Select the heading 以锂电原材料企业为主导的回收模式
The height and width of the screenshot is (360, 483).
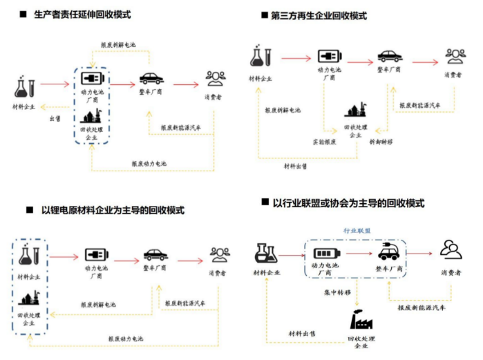[x=114, y=209]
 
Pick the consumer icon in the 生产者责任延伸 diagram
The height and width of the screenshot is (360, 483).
[x=217, y=78]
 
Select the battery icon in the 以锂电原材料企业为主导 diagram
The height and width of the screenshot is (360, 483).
[x=95, y=254]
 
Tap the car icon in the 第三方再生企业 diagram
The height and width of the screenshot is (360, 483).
[x=390, y=55]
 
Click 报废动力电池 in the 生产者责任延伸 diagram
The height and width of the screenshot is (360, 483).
[x=149, y=164]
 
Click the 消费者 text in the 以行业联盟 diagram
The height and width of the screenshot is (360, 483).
[x=451, y=273]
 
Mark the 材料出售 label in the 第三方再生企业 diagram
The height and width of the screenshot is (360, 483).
[x=296, y=167]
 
